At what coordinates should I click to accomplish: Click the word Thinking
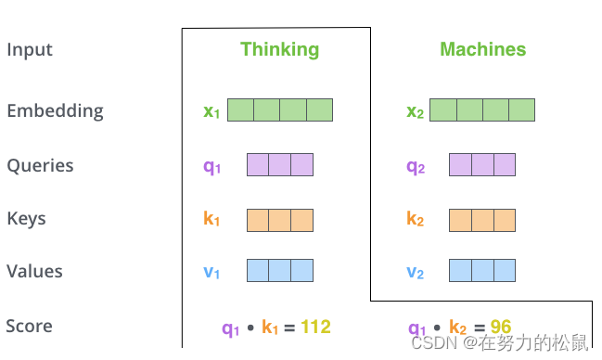click(279, 50)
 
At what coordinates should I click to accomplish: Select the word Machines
click(482, 50)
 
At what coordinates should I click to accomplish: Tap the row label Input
click(30, 50)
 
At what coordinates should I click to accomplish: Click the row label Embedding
click(55, 111)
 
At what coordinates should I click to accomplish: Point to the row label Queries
click(40, 166)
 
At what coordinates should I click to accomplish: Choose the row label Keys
click(26, 219)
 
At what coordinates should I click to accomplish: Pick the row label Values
click(34, 272)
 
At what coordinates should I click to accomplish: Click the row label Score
click(29, 327)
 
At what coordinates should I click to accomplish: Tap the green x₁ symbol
click(211, 112)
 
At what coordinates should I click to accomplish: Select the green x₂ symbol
click(415, 112)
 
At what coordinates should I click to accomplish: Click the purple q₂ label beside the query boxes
click(415, 167)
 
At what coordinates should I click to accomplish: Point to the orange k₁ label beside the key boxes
click(211, 220)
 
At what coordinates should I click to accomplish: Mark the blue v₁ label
click(211, 273)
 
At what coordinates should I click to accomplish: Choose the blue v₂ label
click(415, 273)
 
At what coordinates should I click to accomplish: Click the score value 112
click(315, 327)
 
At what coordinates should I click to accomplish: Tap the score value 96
click(501, 327)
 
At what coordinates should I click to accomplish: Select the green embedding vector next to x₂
click(482, 110)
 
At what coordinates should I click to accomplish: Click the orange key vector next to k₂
click(482, 220)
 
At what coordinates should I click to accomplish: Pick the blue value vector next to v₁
click(280, 271)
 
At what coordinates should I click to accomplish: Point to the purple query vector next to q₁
click(280, 165)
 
